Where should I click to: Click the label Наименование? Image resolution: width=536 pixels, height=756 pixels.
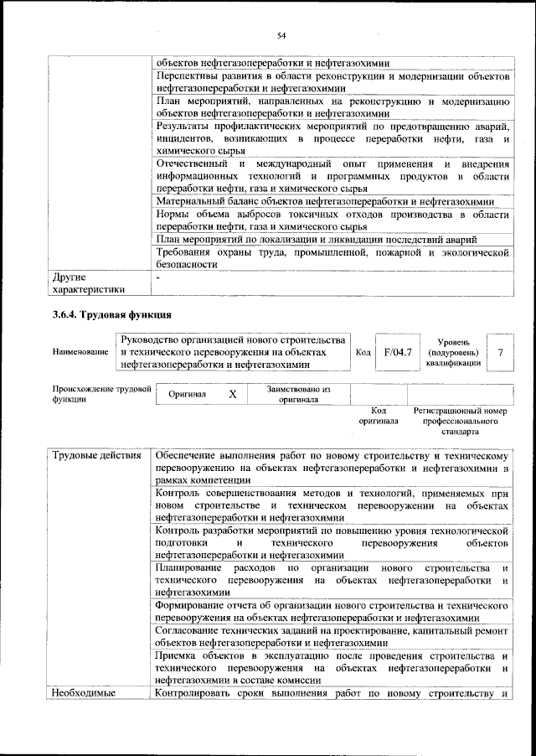[x=80, y=353]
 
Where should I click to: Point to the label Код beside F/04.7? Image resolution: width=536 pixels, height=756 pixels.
[x=363, y=353]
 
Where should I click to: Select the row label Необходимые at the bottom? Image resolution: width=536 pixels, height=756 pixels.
[x=84, y=692]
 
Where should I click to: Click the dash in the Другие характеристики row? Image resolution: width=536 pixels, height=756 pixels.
[x=158, y=276]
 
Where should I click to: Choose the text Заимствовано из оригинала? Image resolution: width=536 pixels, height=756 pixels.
[x=299, y=394]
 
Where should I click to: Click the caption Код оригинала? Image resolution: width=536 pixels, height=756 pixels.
[x=379, y=417]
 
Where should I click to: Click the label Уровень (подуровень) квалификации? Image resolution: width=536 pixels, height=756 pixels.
[x=452, y=352]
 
